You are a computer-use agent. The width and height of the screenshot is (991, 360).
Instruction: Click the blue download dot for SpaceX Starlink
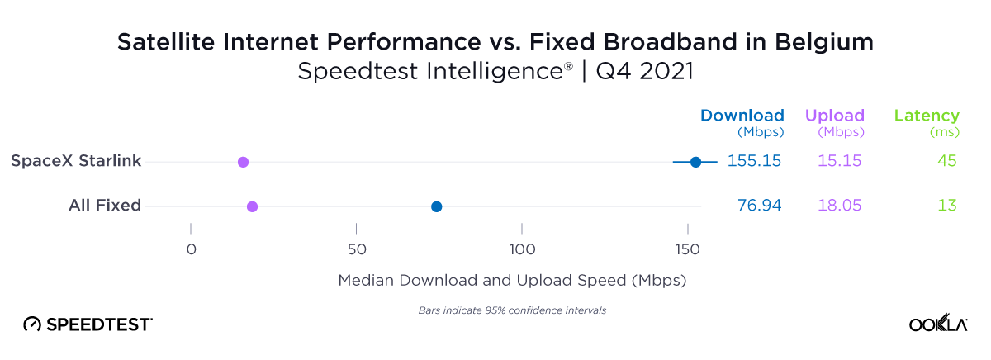(695, 162)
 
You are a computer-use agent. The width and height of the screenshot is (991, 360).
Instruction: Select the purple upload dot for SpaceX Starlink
(243, 162)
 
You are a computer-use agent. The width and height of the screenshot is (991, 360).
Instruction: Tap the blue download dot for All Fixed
(436, 206)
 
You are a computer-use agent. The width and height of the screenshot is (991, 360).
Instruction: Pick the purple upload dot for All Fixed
(252, 206)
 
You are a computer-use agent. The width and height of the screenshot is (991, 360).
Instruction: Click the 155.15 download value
(754, 161)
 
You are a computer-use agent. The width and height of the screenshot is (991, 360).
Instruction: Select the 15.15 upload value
(840, 161)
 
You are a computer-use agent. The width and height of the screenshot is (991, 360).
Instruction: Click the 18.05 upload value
(840, 206)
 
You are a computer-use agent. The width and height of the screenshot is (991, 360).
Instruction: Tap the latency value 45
(946, 161)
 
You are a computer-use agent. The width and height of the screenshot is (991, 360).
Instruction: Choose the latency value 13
(947, 206)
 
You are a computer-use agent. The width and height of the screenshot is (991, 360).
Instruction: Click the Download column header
(742, 116)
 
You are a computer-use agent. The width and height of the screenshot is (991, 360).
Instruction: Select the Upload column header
(834, 116)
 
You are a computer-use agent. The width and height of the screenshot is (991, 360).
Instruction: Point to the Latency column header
(927, 116)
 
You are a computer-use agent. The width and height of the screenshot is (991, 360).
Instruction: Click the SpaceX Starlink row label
(76, 161)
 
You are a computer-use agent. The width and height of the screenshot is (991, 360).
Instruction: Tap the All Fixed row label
(105, 206)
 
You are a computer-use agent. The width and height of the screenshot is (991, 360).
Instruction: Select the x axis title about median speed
(512, 281)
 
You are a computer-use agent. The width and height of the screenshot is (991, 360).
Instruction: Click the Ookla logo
(938, 324)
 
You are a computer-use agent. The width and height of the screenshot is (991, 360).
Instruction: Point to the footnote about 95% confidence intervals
(507, 310)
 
